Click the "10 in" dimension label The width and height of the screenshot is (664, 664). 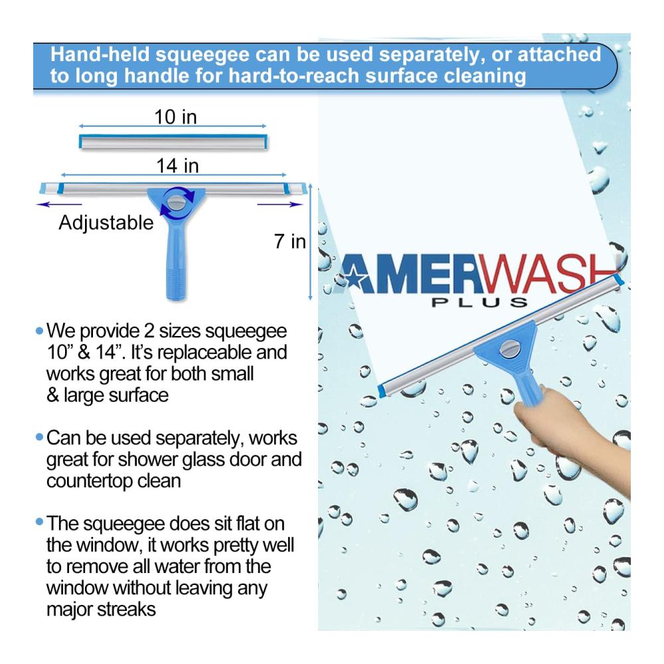coord(175,117)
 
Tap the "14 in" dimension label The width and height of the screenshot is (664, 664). coord(177,165)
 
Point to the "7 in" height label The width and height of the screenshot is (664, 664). coord(290,242)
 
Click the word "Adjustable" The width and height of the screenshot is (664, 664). coord(106,223)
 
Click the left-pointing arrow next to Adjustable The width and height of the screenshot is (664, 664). coord(59,205)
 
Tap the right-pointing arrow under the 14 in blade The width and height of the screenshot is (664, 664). coord(280,205)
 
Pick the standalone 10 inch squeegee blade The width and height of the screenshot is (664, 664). coord(173,141)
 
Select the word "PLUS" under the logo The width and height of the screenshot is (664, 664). coord(479,302)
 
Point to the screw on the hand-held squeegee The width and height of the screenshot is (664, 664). coord(510,348)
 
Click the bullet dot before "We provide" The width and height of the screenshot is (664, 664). coord(40,331)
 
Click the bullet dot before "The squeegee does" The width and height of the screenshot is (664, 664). coord(40,523)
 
